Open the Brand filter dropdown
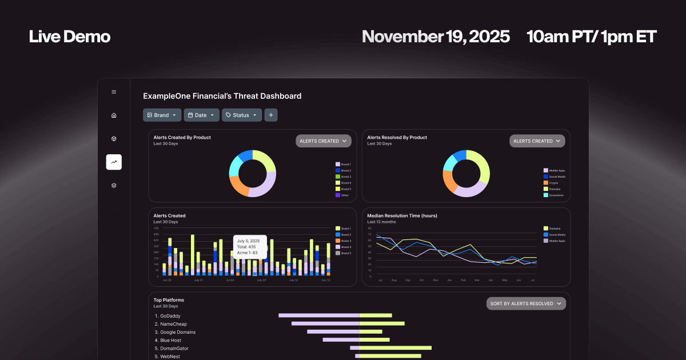pyautogui.click(x=162, y=115)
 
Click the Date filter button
pyautogui.click(x=201, y=115)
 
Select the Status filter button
pyautogui.click(x=241, y=115)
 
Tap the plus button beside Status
pyautogui.click(x=271, y=115)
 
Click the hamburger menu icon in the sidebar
pyautogui.click(x=114, y=92)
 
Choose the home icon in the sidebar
pyautogui.click(x=114, y=115)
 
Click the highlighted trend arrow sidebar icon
pyautogui.click(x=114, y=162)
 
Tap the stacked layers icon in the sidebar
pyautogui.click(x=114, y=185)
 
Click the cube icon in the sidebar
pyautogui.click(x=114, y=139)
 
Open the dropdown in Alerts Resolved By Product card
pyautogui.click(x=537, y=141)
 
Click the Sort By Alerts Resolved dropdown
pyautogui.click(x=526, y=303)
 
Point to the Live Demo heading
pyautogui.click(x=70, y=37)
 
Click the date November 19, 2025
pyautogui.click(x=436, y=37)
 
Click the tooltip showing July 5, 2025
pyautogui.click(x=250, y=247)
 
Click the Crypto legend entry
pyautogui.click(x=554, y=183)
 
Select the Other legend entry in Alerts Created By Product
pyautogui.click(x=345, y=195)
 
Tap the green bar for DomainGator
pyautogui.click(x=395, y=348)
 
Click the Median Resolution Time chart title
pyautogui.click(x=401, y=216)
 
